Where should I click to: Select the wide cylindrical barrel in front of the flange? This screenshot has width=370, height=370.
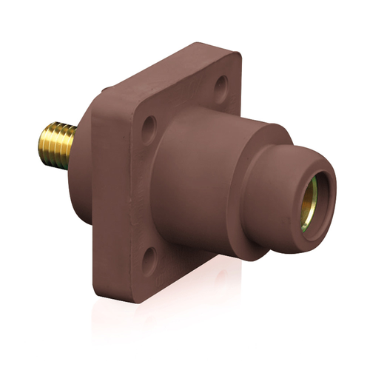click(x=200, y=178)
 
